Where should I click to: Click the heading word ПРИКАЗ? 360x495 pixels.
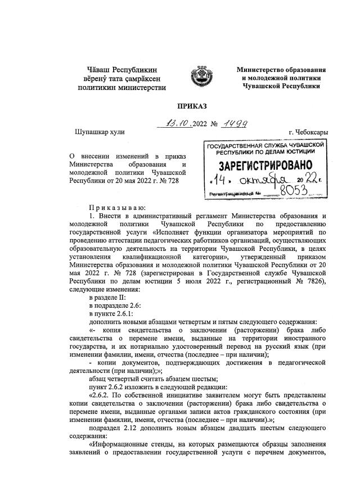(x=180, y=105)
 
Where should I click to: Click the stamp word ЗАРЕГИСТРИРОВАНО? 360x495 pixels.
(x=262, y=166)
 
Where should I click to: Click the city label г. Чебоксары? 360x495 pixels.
(x=308, y=132)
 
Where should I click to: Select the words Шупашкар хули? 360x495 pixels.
(x=94, y=133)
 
